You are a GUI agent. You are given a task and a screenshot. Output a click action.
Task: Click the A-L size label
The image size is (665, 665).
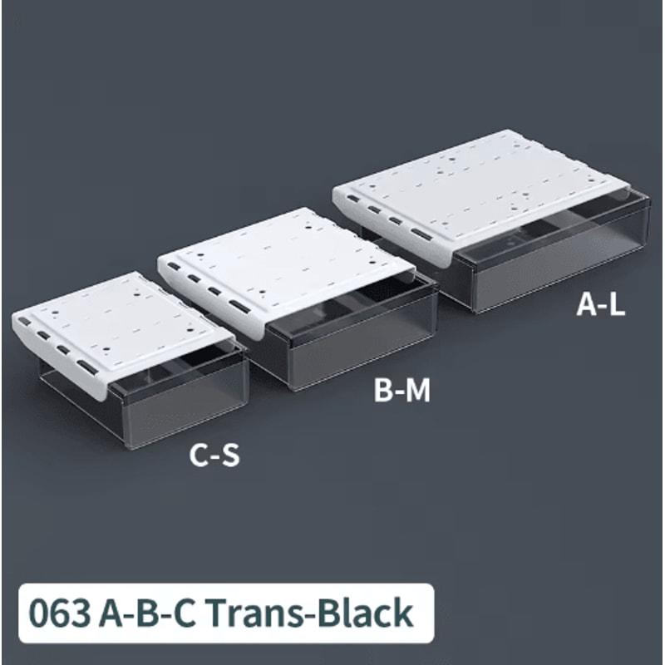(x=600, y=304)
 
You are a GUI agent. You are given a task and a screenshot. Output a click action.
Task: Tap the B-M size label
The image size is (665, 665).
(x=402, y=390)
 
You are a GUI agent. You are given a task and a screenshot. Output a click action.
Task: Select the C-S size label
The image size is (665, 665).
(x=214, y=455)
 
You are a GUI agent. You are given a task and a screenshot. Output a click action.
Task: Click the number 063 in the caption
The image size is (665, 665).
(x=59, y=613)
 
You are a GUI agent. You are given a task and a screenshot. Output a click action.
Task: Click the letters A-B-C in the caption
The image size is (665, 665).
(x=147, y=613)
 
